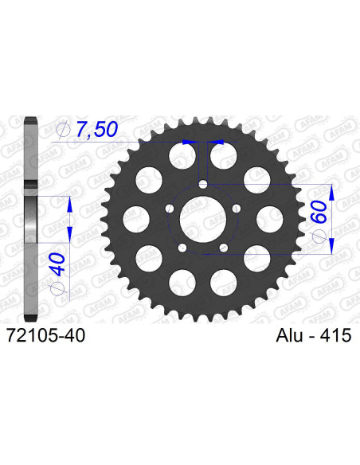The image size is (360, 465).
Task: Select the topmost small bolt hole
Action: pos(203,185)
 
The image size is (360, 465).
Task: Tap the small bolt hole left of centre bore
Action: pos(169,210)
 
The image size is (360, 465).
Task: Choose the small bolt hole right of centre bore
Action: pos(238,210)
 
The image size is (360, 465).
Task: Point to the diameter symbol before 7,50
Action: pos(65,129)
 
